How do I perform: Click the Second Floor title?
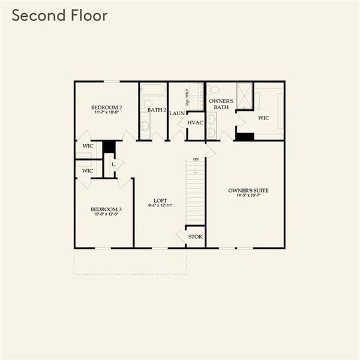(60, 16)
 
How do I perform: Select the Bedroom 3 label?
(104, 209)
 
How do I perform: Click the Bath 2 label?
(157, 110)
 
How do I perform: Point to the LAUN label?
(176, 113)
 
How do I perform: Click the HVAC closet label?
(196, 123)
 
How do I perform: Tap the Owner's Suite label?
(248, 190)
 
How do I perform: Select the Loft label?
(160, 200)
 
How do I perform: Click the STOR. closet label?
(196, 237)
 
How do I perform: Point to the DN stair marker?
(196, 159)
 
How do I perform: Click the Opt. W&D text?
(187, 95)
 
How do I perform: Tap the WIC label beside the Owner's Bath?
(263, 118)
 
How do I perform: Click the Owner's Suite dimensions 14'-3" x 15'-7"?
(248, 196)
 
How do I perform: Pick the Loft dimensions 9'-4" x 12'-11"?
(160, 206)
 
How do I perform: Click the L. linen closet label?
(113, 163)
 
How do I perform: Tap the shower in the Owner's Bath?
(245, 96)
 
